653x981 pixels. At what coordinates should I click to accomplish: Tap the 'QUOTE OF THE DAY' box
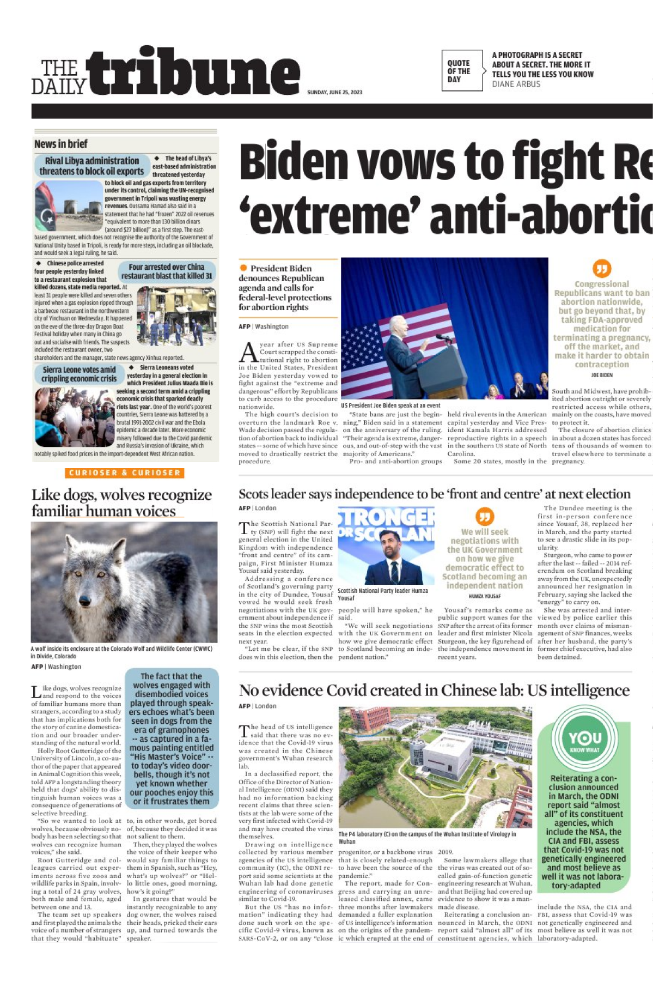[x=462, y=71]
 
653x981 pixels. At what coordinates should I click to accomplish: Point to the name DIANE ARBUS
[x=516, y=84]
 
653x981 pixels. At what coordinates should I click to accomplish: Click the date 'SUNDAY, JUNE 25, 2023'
[x=334, y=92]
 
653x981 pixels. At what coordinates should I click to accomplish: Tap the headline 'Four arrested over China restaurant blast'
[x=167, y=271]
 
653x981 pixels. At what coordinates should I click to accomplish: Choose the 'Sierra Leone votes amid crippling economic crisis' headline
[x=79, y=374]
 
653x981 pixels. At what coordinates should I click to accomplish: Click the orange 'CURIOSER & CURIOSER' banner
[x=125, y=473]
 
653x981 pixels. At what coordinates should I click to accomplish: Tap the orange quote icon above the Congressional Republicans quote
[x=601, y=268]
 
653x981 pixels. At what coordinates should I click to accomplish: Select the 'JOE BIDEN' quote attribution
[x=601, y=375]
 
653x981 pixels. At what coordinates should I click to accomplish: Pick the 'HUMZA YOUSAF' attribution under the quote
[x=484, y=596]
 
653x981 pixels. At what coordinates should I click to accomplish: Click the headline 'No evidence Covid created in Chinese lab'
[x=434, y=691]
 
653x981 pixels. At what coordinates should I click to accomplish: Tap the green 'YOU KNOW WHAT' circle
[x=585, y=740]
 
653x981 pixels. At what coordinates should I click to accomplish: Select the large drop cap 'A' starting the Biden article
[x=248, y=353]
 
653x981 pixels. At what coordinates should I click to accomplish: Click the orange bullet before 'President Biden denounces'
[x=243, y=268]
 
